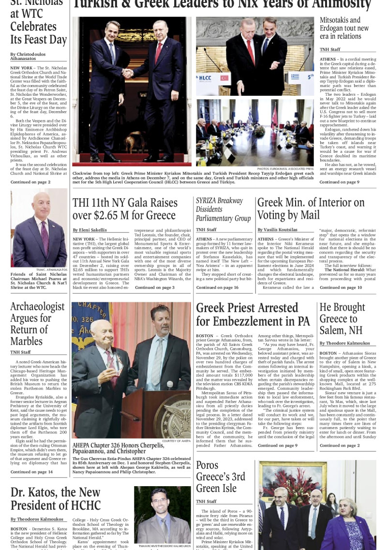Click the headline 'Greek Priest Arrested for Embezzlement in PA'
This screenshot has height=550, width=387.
pos(253,314)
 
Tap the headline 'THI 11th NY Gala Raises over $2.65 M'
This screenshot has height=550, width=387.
pos(124,209)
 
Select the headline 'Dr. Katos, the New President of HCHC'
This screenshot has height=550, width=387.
pos(56,499)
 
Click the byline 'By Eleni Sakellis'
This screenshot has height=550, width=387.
pos(90,230)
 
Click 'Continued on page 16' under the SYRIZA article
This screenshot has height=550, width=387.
pos(217,287)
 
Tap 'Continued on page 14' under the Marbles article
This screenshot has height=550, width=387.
pos(31,472)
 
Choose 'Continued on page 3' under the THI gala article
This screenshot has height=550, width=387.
pos(154,287)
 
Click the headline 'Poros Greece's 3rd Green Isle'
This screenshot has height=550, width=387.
pos(220,477)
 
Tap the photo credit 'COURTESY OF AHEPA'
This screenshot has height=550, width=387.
pos(176,441)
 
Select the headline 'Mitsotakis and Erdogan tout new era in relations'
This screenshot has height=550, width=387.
pos(344,28)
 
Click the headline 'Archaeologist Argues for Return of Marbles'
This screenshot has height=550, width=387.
pos(37,324)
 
